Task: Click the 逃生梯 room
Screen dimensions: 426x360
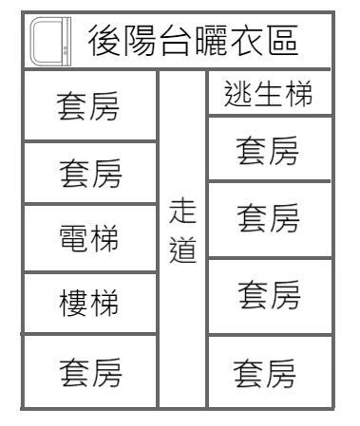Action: tap(272, 95)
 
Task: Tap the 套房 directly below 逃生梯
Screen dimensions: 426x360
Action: tap(272, 149)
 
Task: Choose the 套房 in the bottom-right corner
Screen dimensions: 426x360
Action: tap(272, 371)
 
